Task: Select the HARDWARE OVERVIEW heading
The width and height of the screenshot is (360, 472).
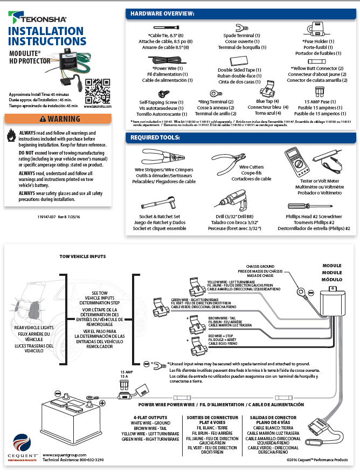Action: [x=163, y=13]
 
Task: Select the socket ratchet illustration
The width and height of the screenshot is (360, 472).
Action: [x=159, y=204]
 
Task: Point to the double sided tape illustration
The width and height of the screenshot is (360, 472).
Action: [x=239, y=61]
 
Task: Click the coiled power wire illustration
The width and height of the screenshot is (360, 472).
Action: [x=167, y=60]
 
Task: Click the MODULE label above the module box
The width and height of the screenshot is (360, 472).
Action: [x=331, y=266]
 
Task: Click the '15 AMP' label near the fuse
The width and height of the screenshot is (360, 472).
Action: [x=125, y=372]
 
